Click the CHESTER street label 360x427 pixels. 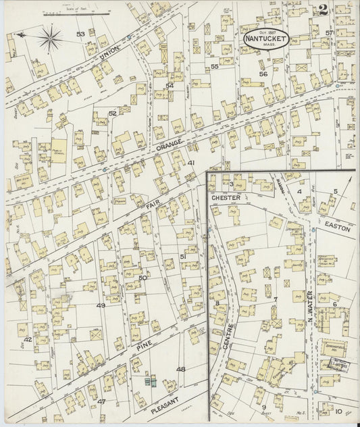(x=226, y=197)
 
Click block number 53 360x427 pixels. (x=80, y=34)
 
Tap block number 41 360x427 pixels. (x=191, y=163)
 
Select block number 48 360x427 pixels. (x=180, y=369)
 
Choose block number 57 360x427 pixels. (x=330, y=32)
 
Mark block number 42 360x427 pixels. (x=28, y=339)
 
